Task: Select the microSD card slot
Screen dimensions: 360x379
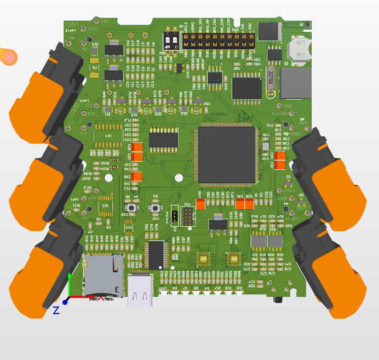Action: pyautogui.click(x=102, y=276)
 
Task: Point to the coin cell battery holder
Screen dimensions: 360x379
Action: pyautogui.click(x=300, y=49)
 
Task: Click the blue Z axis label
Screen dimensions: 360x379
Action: pyautogui.click(x=56, y=310)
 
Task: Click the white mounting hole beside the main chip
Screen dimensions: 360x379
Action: pyautogui.click(x=179, y=178)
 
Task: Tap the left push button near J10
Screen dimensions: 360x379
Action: pyautogui.click(x=131, y=208)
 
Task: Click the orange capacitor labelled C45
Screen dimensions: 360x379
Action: pyautogui.click(x=138, y=176)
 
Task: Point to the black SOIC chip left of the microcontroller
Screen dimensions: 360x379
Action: pyautogui.click(x=163, y=139)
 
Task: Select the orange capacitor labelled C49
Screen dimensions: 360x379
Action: pyautogui.click(x=200, y=204)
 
